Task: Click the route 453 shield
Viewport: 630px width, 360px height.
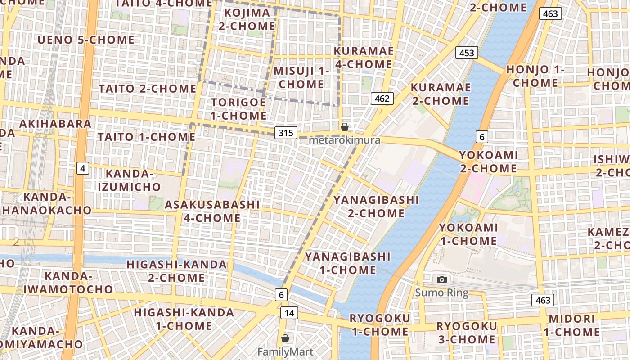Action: point(467,53)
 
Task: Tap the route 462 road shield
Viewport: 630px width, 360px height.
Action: point(382,98)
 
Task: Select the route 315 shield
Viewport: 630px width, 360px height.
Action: point(286,132)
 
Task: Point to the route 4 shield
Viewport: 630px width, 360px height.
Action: point(82,168)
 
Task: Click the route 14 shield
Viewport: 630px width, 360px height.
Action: point(289,312)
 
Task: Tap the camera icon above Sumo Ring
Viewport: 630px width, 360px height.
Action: point(442,279)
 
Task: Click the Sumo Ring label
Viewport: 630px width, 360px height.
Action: point(441,293)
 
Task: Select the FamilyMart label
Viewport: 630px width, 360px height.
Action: point(285,351)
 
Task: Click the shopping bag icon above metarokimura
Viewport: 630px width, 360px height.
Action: point(345,127)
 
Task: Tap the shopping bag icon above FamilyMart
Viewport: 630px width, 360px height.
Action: point(285,338)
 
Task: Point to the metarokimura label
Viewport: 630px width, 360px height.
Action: point(345,140)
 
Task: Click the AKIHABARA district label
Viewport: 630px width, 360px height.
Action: point(55,124)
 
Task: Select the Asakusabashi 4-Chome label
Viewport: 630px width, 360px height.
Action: point(212,211)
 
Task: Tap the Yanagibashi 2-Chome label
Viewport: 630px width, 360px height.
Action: point(376,206)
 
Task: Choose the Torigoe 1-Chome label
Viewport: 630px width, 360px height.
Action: point(239,109)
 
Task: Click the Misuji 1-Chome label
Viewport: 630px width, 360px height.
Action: point(301,77)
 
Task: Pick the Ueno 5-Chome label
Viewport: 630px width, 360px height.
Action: point(86,40)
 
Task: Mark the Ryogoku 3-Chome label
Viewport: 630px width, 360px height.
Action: point(467,333)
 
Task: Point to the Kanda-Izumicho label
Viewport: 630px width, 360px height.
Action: point(129,180)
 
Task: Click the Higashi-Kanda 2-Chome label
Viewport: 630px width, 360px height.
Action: point(176,271)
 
